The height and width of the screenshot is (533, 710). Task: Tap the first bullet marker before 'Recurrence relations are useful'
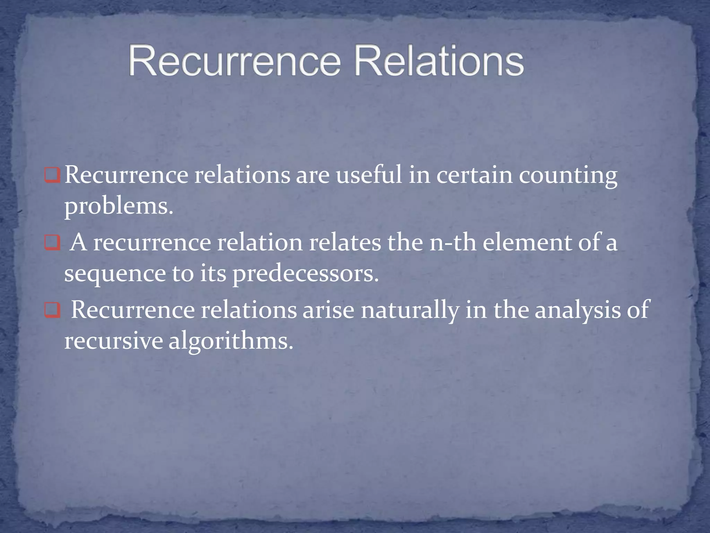(x=53, y=176)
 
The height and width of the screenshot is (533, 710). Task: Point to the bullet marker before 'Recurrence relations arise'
(x=53, y=311)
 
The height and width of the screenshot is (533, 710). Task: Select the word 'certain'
(x=474, y=175)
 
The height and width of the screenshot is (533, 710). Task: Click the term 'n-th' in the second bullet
(x=452, y=243)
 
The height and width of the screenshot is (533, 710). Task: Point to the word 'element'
(x=527, y=243)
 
